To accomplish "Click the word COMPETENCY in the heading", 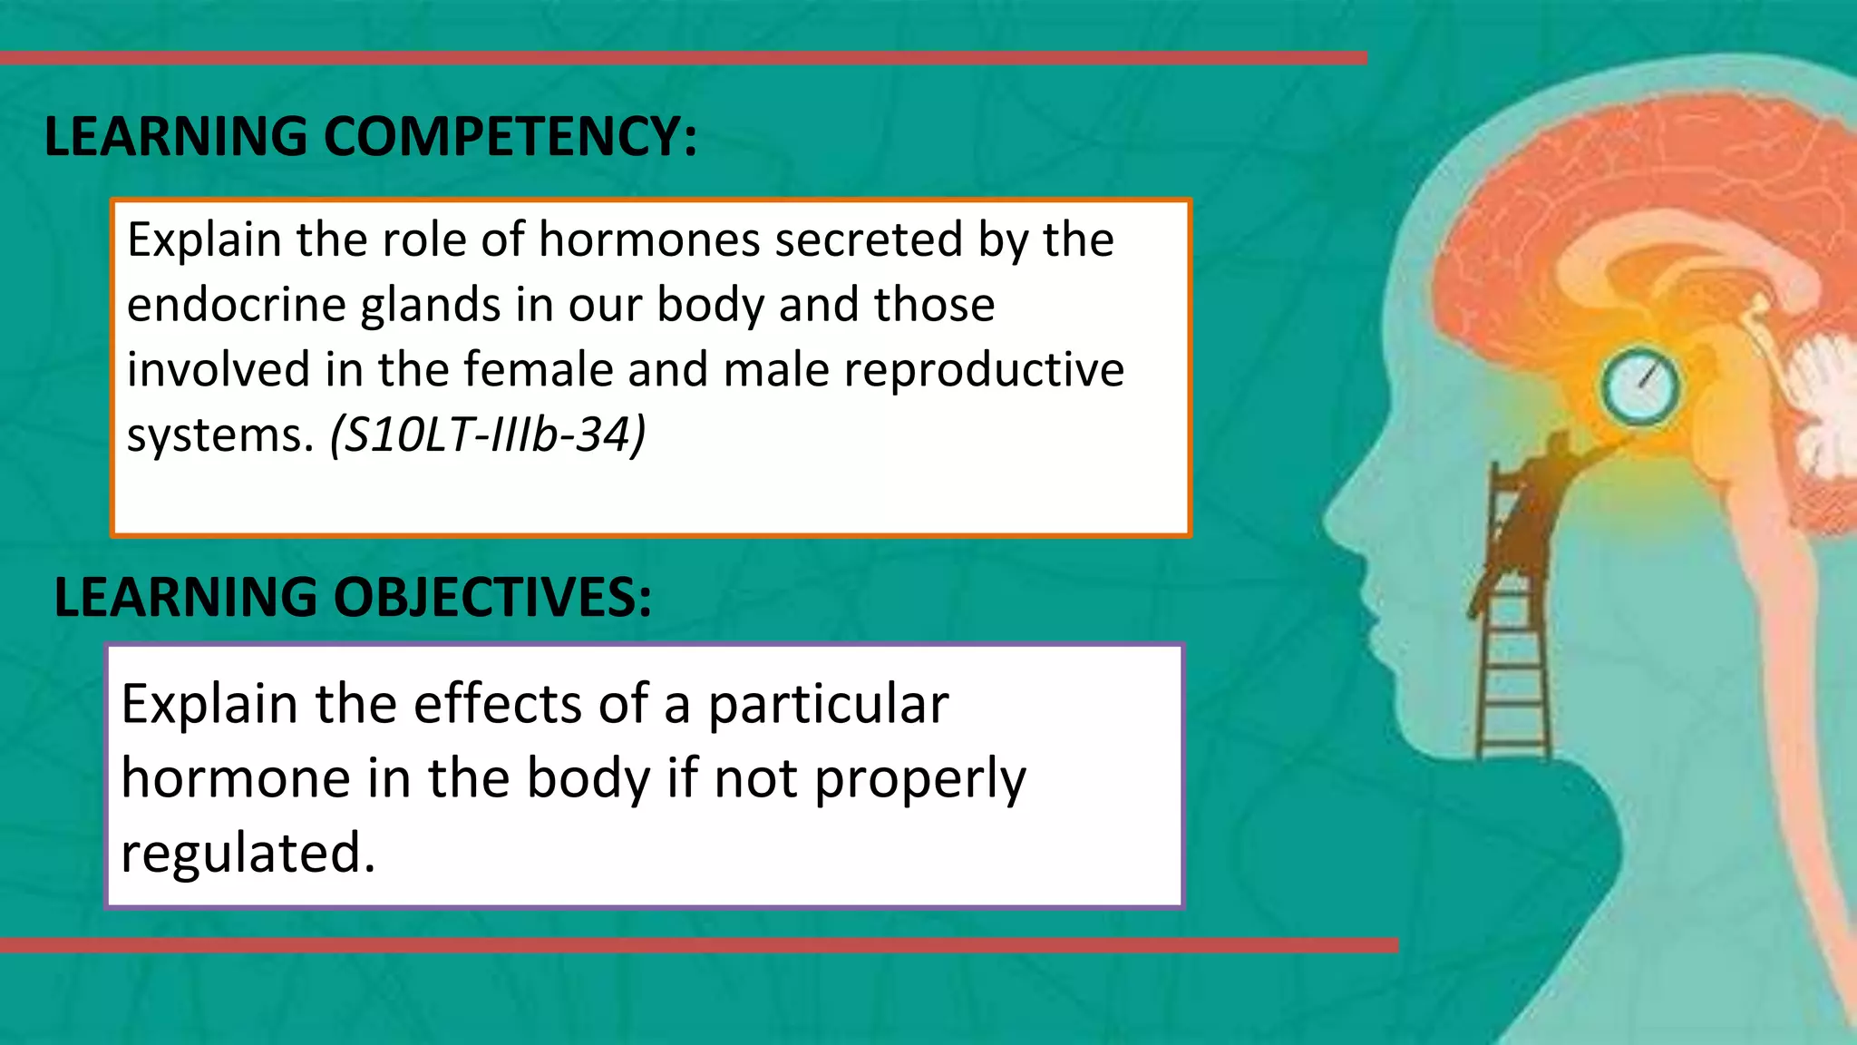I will click(x=510, y=137).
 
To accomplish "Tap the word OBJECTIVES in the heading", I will click(x=492, y=598).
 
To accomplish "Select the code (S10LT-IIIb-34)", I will click(x=488, y=435).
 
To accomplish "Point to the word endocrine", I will click(x=236, y=305).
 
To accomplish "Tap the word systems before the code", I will click(x=219, y=436).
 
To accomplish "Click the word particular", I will click(x=828, y=706).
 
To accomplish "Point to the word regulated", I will click(x=248, y=855).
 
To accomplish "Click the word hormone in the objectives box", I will click(x=236, y=779).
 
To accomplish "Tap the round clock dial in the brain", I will click(x=1639, y=386).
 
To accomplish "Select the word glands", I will click(x=430, y=307).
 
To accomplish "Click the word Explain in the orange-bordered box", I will click(x=204, y=240).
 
